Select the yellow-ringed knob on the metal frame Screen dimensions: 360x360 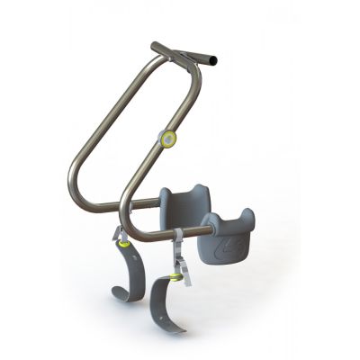pos(168,138)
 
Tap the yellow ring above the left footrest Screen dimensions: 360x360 pos(121,238)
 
